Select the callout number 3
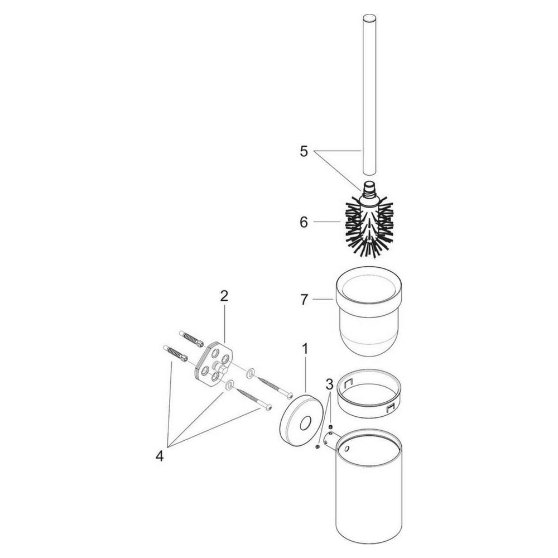(330, 384)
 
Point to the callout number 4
(160, 456)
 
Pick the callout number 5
(304, 151)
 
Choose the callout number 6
(304, 223)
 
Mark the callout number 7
(304, 300)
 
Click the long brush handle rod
(369, 94)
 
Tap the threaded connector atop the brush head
(369, 191)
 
